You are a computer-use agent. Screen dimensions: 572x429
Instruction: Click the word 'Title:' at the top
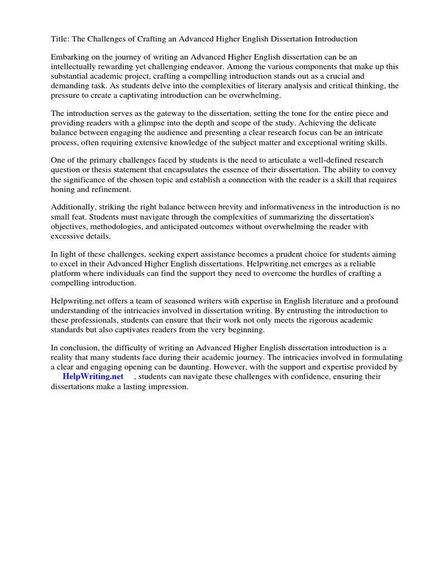click(x=60, y=39)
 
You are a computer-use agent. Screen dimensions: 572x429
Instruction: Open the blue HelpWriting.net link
click(x=93, y=376)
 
